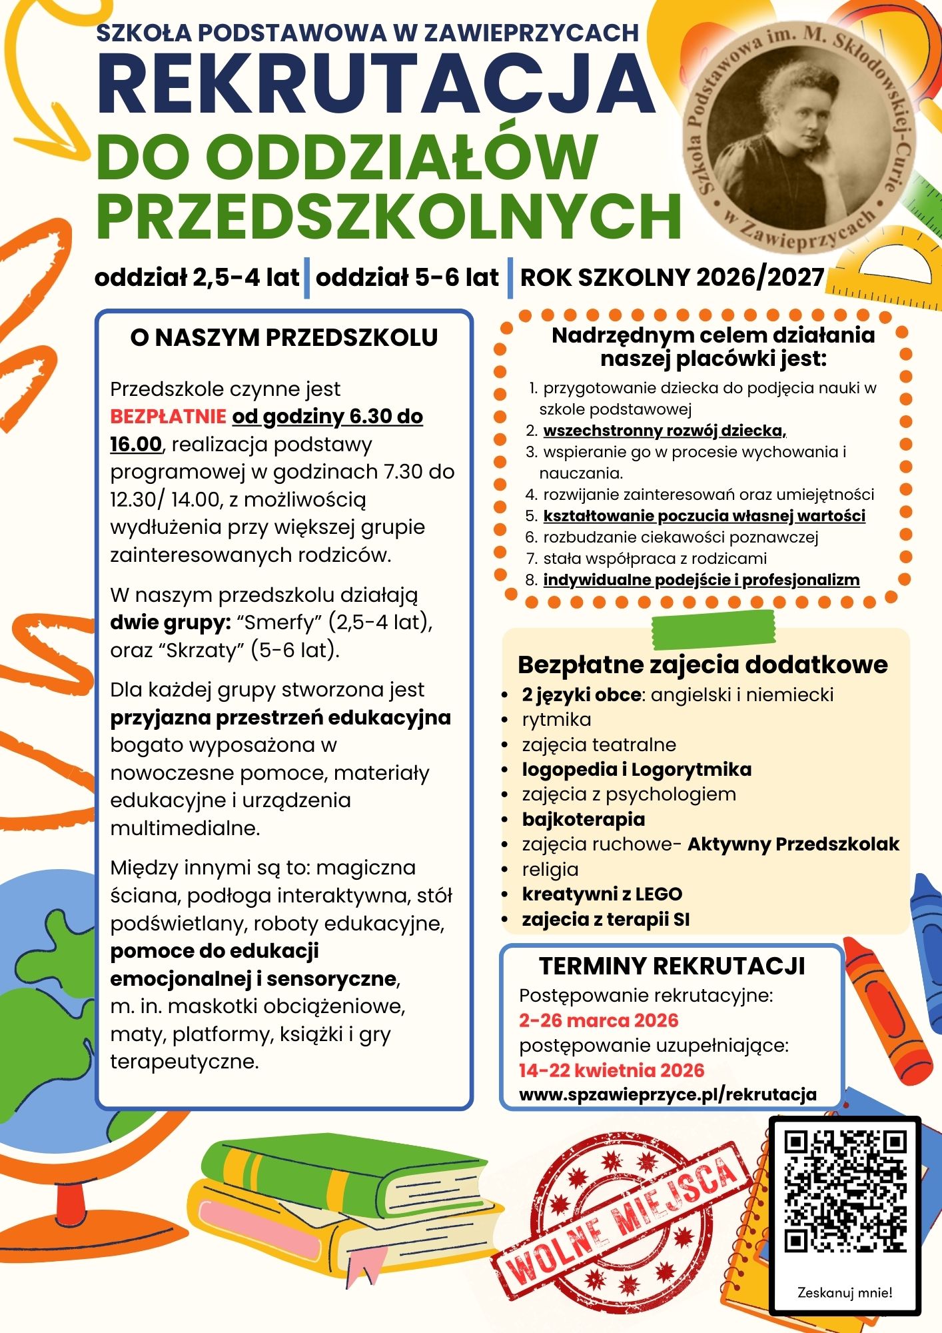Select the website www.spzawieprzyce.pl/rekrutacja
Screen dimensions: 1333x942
[668, 1094]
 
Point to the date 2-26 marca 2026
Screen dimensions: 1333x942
[599, 1020]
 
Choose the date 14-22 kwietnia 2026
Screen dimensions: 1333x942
[612, 1070]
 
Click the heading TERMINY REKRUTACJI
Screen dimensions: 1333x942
[672, 966]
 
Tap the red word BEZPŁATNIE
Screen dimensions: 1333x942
[168, 417]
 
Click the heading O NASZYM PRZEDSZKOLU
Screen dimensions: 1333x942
[284, 337]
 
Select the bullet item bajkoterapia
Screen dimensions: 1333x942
[583, 819]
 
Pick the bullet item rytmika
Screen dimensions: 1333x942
[556, 720]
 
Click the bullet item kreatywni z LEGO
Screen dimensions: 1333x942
[602, 894]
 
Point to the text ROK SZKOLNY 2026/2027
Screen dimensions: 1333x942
[672, 277]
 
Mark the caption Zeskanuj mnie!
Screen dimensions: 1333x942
[845, 1293]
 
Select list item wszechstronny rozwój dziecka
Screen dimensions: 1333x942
[664, 431]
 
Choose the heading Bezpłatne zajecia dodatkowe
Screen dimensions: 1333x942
[703, 665]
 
